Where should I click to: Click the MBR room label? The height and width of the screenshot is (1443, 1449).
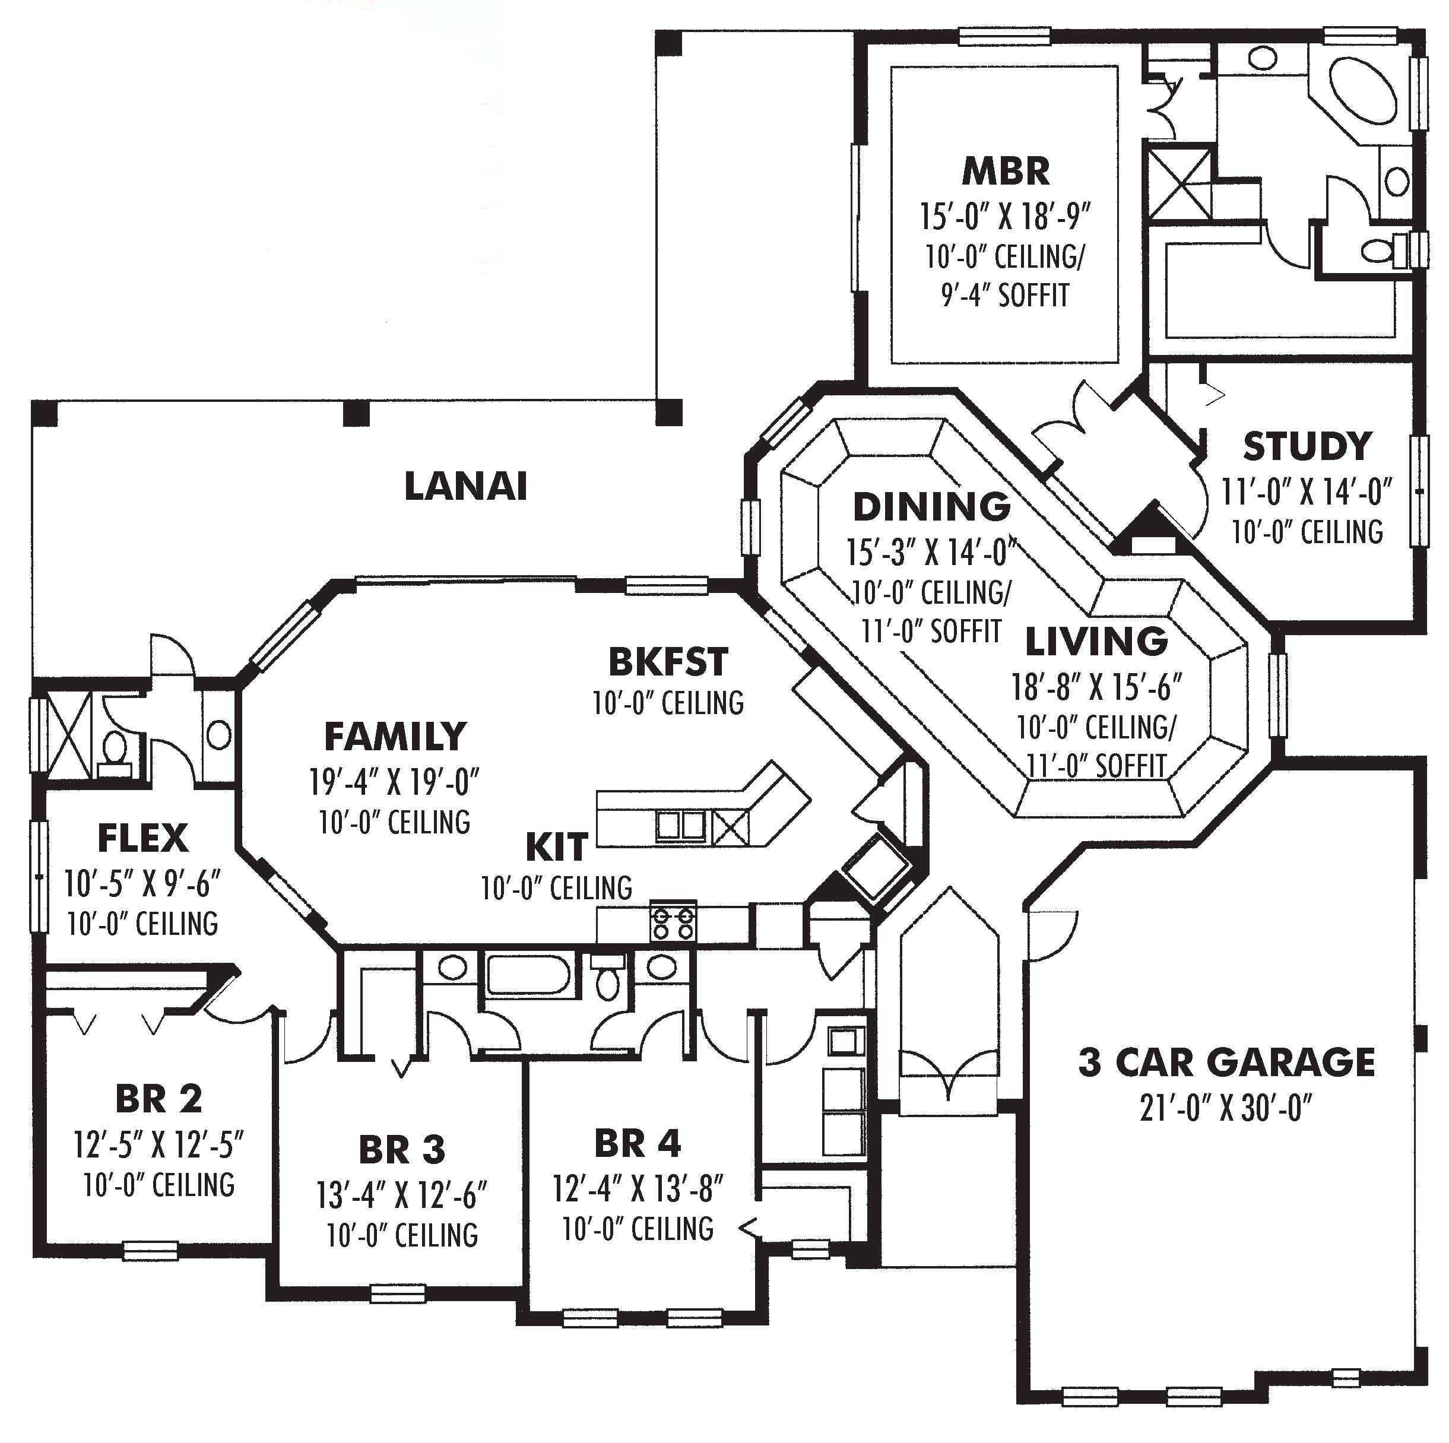[1005, 172]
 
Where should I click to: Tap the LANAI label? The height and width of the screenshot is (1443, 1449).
[466, 487]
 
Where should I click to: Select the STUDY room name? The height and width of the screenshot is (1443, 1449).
[1307, 447]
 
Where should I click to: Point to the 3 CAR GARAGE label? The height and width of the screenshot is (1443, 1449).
[1226, 1063]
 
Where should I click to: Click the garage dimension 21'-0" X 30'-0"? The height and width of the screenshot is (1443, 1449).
[1226, 1108]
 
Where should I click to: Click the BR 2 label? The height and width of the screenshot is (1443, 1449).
[159, 1099]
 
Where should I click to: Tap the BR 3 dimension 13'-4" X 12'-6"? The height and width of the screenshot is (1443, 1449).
[402, 1195]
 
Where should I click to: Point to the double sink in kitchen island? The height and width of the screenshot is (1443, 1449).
[681, 826]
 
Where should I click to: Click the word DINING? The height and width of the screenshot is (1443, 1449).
[931, 508]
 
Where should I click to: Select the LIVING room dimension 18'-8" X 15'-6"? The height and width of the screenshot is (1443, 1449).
[1096, 686]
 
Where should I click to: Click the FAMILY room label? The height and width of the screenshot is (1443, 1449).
[395, 737]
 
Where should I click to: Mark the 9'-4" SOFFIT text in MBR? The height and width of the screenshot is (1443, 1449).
[1005, 296]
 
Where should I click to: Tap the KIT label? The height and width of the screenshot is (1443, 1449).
[556, 848]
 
